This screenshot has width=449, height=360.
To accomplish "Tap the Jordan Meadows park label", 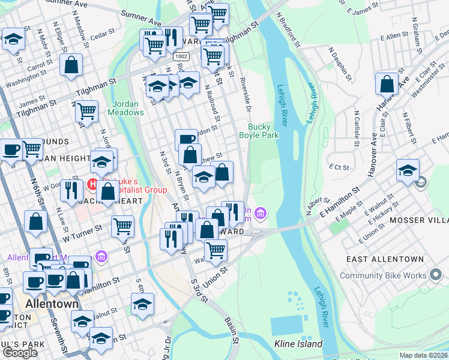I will point(126,107).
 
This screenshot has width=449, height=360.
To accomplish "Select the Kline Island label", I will point(298,344).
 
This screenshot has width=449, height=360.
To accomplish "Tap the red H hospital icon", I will point(93,183).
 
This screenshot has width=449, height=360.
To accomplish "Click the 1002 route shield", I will point(179,56).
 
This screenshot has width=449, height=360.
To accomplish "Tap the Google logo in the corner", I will point(20,353).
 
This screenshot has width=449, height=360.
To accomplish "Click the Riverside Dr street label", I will point(245,89).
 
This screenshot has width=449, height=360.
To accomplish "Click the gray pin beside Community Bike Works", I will point(436,276).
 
